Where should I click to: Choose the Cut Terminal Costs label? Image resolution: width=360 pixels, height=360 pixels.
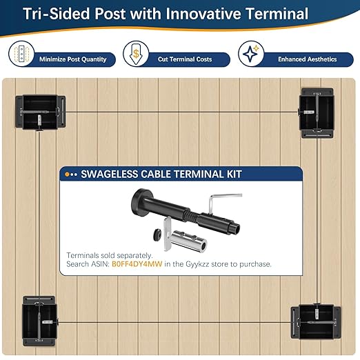click(185, 59)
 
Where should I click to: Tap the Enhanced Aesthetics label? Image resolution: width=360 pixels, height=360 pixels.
click(307, 59)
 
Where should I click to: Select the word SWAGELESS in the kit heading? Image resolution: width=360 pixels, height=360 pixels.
click(109, 174)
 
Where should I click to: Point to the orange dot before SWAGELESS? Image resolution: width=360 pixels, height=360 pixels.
click(67, 174)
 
